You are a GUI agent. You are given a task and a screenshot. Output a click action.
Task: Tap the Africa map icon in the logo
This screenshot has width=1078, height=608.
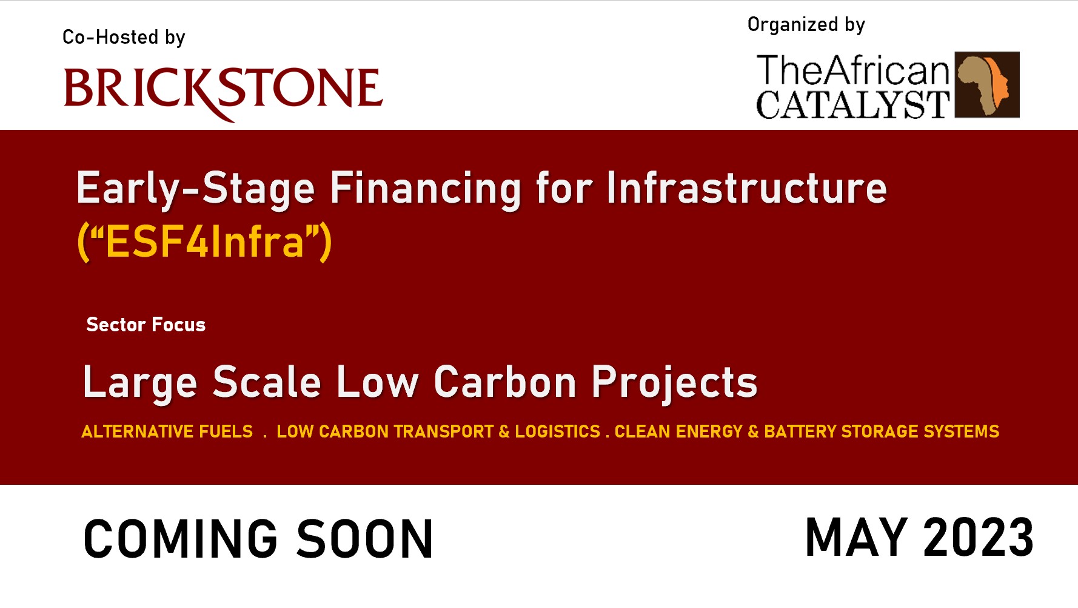[x=986, y=84]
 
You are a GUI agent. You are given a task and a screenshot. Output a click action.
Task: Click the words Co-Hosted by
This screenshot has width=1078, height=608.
[x=124, y=38]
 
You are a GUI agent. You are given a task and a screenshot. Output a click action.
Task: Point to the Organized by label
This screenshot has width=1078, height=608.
[x=806, y=25]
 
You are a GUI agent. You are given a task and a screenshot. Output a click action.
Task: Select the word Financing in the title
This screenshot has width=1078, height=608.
[x=425, y=189]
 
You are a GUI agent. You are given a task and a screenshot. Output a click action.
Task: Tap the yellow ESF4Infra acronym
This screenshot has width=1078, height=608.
[x=204, y=242]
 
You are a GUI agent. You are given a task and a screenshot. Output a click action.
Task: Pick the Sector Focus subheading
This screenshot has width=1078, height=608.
[x=146, y=325]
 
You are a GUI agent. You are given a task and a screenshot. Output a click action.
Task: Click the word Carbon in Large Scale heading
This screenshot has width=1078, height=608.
[x=504, y=382]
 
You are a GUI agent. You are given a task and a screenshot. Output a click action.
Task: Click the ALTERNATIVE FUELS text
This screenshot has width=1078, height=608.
[x=167, y=431]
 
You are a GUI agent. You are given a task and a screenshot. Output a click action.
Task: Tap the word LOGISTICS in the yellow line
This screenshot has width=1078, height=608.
[x=557, y=431]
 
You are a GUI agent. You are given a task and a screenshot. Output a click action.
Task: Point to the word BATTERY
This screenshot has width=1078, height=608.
[x=800, y=431]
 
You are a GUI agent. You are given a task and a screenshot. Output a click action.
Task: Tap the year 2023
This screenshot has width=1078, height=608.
[x=978, y=537]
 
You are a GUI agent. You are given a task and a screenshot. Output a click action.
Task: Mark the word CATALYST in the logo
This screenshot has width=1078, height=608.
[x=852, y=104]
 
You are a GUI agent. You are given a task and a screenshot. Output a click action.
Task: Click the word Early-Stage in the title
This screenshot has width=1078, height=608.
[x=195, y=189]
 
